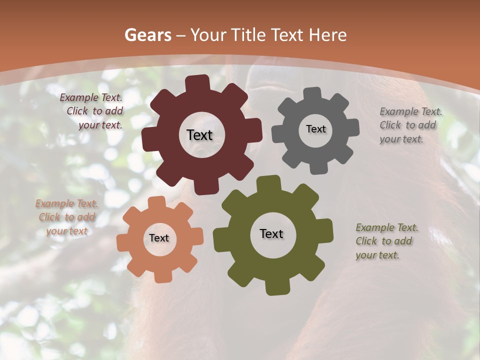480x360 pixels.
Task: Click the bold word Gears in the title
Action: (x=147, y=35)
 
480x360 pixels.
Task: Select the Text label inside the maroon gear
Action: (x=199, y=135)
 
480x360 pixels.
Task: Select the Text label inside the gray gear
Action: (x=315, y=129)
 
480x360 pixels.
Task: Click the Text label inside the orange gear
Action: (x=159, y=238)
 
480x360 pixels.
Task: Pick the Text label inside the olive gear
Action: (x=271, y=233)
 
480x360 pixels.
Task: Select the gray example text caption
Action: (x=410, y=125)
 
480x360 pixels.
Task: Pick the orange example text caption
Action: (x=66, y=217)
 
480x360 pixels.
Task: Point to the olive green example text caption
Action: (x=386, y=241)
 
